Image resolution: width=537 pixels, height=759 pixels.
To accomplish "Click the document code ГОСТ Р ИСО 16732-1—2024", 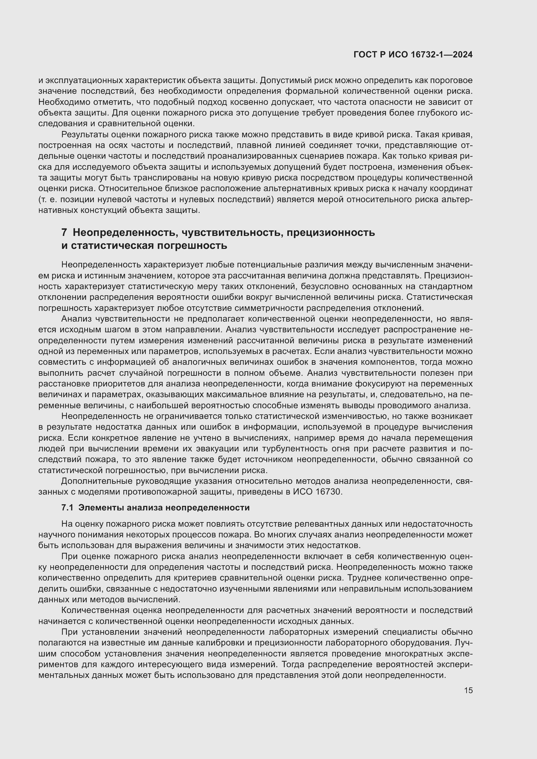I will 413,55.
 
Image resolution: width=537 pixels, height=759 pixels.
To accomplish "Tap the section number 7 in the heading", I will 64,232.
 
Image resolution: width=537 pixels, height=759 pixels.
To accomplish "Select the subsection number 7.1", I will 67,508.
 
